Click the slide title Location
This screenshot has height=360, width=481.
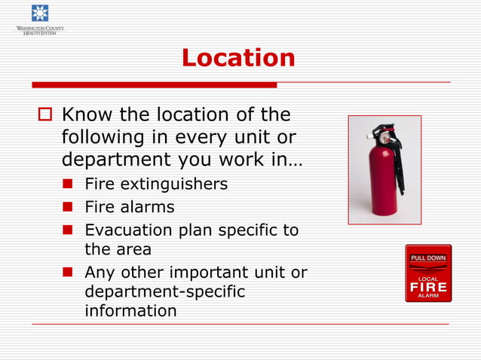point(238,58)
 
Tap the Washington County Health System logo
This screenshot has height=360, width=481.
point(40,20)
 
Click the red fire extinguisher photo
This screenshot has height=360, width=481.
point(384,170)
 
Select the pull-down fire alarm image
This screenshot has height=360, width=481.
point(428,273)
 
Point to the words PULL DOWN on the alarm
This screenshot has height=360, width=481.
point(428,258)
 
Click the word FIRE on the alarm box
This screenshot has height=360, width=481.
point(428,287)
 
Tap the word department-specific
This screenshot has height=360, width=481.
point(164,291)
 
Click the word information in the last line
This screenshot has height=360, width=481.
point(130,310)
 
